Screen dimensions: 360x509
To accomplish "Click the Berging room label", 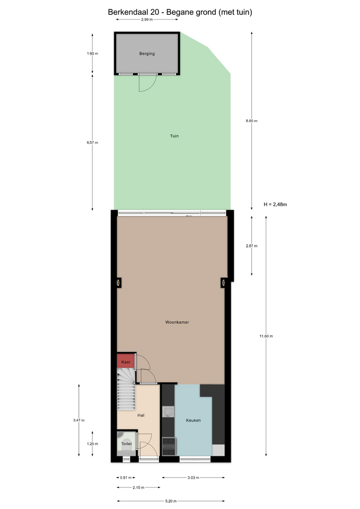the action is click(147, 54).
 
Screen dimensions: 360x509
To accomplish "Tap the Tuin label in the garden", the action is click(174, 136).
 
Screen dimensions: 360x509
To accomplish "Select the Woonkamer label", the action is click(177, 322).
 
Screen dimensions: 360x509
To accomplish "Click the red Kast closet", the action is click(126, 361).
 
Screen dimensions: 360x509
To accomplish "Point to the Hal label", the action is click(141, 415).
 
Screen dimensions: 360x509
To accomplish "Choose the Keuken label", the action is click(193, 420).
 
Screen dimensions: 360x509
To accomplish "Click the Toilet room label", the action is click(127, 444).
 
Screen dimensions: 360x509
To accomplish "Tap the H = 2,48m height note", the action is click(275, 205).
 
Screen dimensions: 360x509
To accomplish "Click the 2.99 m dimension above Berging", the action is click(147, 20).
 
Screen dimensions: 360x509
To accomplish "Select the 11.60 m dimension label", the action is click(266, 336).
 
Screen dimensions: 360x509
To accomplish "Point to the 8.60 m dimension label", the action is click(252, 121).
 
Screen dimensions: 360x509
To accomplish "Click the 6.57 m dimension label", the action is click(92, 143).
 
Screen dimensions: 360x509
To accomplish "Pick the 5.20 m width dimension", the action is click(171, 501).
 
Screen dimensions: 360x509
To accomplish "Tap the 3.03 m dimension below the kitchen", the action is click(193, 478).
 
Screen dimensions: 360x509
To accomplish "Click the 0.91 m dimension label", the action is click(126, 478).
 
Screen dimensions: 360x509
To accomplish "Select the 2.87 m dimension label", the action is click(252, 246).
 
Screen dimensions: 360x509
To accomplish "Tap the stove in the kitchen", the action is click(169, 446).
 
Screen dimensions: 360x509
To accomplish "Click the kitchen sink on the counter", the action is click(168, 411).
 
